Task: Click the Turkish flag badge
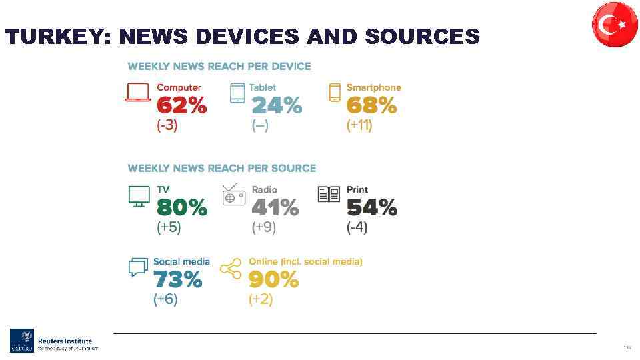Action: point(615,25)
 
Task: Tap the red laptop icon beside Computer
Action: point(137,92)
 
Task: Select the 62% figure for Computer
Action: point(181,106)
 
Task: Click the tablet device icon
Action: point(237,93)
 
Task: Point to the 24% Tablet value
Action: point(276,106)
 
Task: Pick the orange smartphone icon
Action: point(335,92)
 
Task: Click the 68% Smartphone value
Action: point(371,106)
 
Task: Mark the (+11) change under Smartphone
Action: point(359,125)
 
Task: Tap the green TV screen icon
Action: point(139,196)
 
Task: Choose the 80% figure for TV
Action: point(181,209)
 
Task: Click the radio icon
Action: point(234,195)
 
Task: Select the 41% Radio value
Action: point(275,209)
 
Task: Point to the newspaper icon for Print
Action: point(329,194)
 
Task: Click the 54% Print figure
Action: point(371,209)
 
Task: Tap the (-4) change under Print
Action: point(357,227)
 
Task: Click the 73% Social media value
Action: point(177,281)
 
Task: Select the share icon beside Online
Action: point(231,268)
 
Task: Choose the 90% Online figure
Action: point(273,281)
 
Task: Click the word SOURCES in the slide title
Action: point(422,37)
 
